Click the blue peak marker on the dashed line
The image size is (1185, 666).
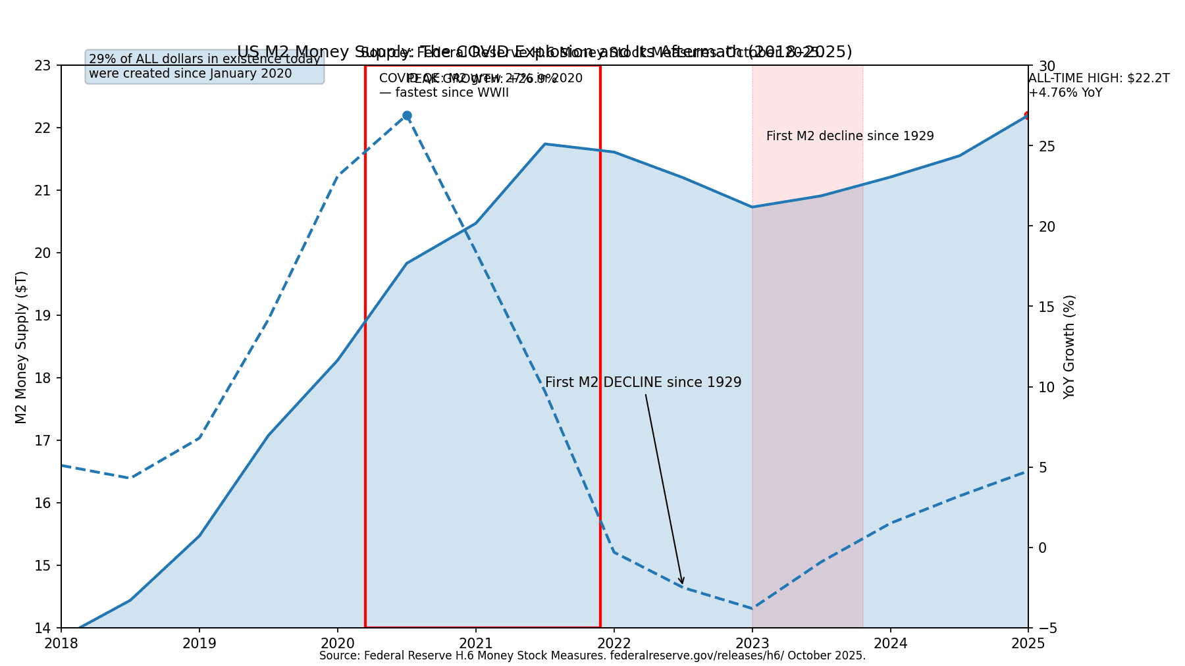pyautogui.click(x=407, y=116)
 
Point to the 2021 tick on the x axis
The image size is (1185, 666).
pyautogui.click(x=476, y=642)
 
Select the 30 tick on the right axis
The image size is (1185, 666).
pyautogui.click(x=1047, y=66)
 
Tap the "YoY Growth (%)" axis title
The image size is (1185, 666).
pyautogui.click(x=1069, y=347)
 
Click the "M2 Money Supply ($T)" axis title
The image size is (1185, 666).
pyautogui.click(x=21, y=347)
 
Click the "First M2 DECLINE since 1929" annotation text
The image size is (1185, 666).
pyautogui.click(x=643, y=382)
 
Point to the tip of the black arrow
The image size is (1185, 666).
pyautogui.click(x=683, y=583)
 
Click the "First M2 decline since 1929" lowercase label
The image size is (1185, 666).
pyautogui.click(x=849, y=136)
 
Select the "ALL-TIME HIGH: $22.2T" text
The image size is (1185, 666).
pyautogui.click(x=1099, y=78)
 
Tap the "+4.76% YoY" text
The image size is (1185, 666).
pyautogui.click(x=1065, y=93)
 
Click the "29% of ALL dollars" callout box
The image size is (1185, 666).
pyautogui.click(x=204, y=66)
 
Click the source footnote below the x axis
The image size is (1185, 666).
pyautogui.click(x=592, y=655)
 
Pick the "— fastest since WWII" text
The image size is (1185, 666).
pyautogui.click(x=444, y=93)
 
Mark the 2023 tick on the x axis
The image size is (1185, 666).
pyautogui.click(x=752, y=642)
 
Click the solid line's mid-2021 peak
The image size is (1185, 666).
pyautogui.click(x=545, y=143)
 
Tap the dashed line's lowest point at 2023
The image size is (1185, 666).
pyautogui.click(x=752, y=608)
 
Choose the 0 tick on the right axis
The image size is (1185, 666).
pyautogui.click(x=1041, y=548)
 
